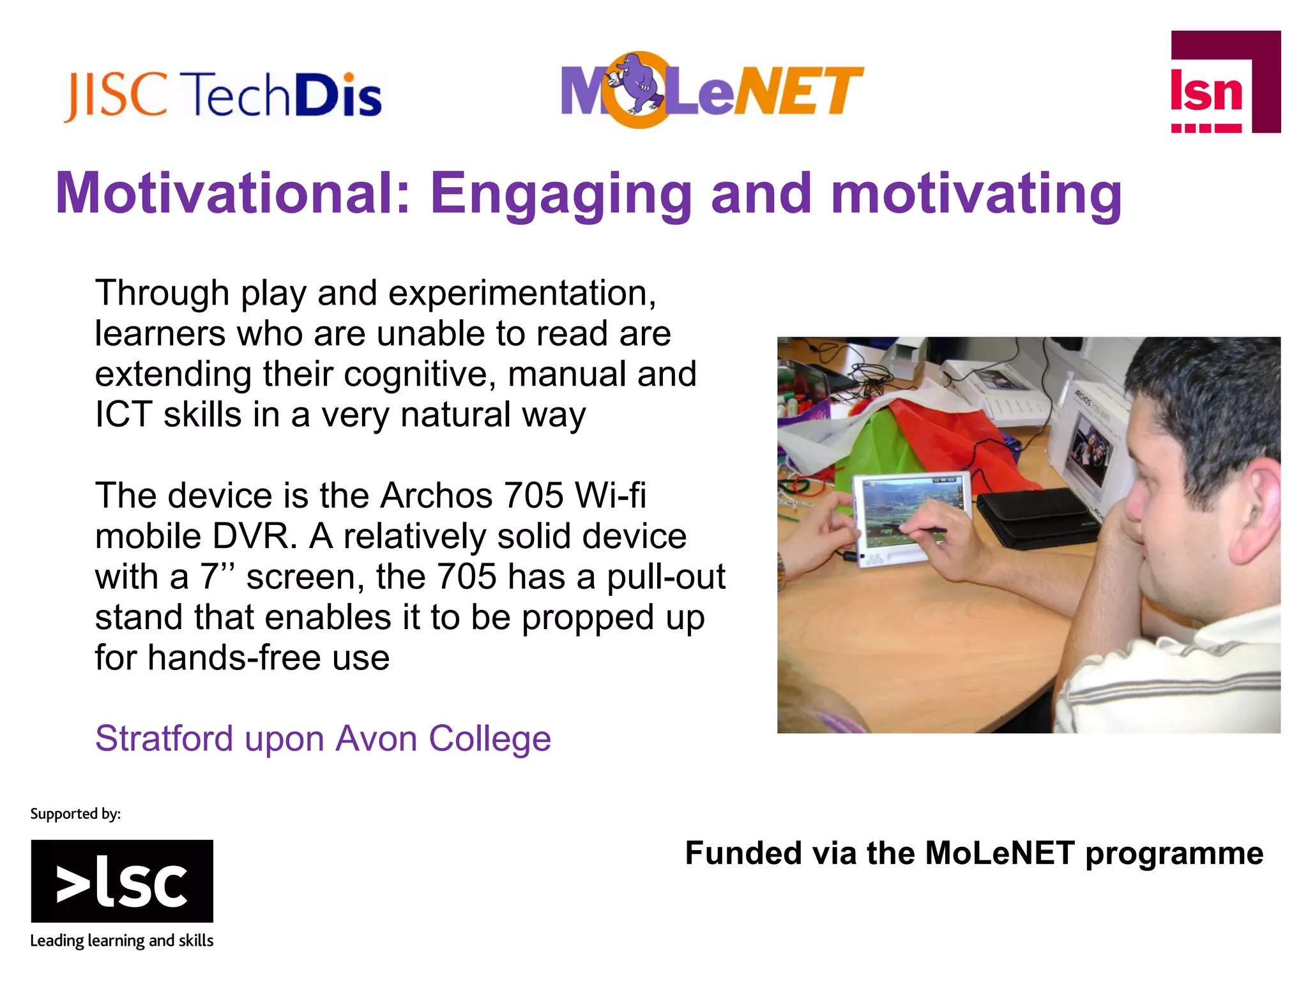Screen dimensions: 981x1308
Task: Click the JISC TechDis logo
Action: [222, 96]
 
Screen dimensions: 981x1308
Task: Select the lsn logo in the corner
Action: [1224, 82]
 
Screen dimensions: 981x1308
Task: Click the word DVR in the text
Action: [254, 536]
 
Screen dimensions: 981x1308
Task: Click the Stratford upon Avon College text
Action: [323, 739]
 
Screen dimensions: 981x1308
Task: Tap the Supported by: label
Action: [75, 814]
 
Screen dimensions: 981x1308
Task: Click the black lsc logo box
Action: [122, 881]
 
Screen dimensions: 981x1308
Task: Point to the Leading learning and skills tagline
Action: [122, 941]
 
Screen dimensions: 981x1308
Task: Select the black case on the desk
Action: [1035, 517]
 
